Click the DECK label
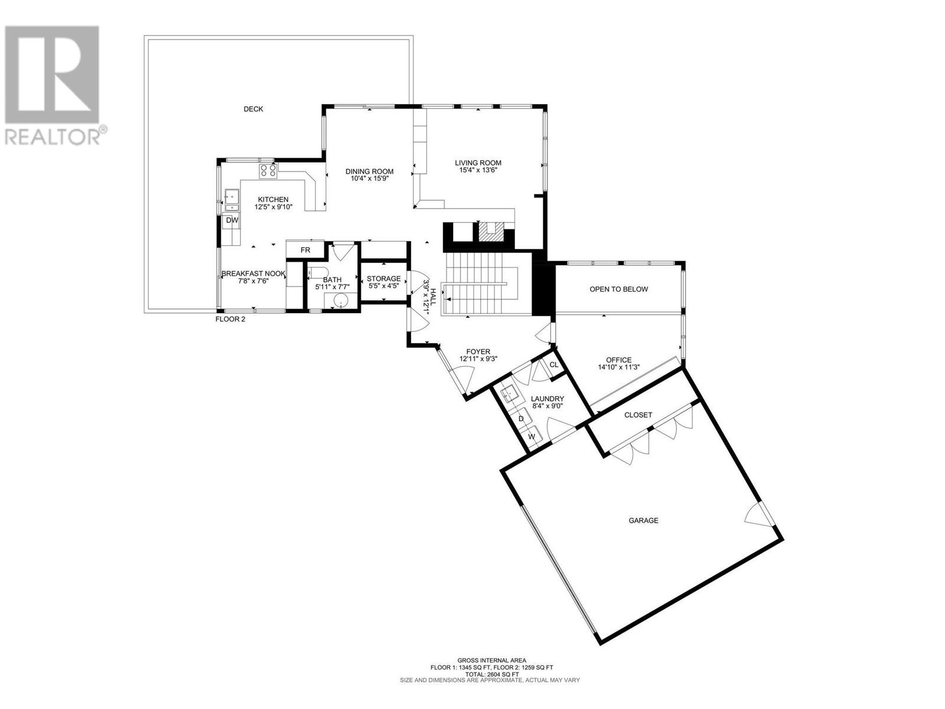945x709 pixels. (253, 109)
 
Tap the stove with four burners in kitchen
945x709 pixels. (267, 171)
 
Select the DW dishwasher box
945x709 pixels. (232, 220)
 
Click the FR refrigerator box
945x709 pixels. (305, 250)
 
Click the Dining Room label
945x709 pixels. (369, 172)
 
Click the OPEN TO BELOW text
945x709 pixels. (618, 289)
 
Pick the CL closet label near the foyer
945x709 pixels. (554, 365)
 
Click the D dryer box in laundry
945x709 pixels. (521, 418)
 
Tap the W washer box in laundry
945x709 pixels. (532, 437)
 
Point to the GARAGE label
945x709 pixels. (643, 521)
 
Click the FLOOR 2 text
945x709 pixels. (230, 319)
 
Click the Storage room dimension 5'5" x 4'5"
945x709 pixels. (383, 287)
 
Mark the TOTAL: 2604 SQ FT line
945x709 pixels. (491, 674)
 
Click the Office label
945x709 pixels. (618, 360)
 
